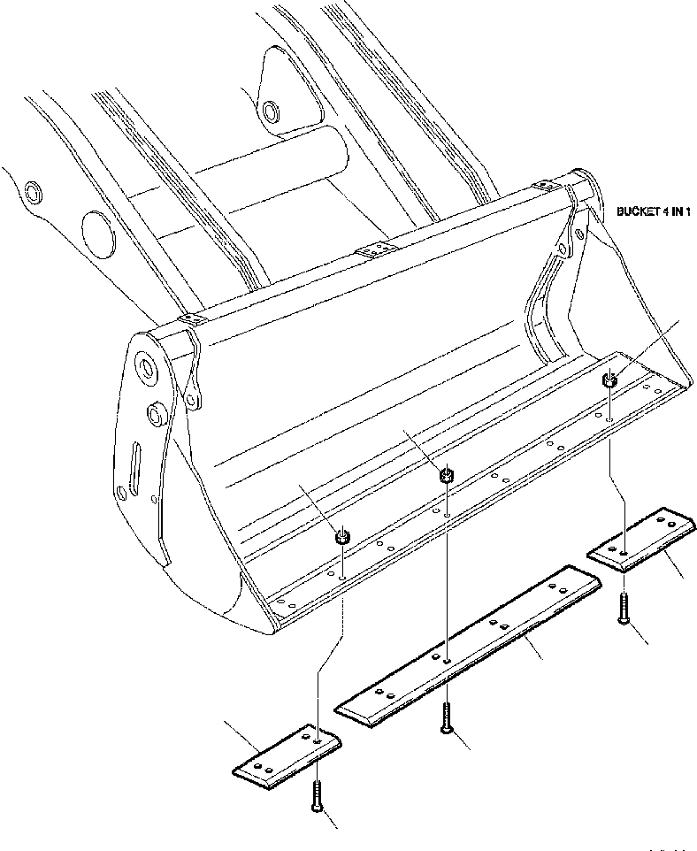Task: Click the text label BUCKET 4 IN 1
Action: point(653,212)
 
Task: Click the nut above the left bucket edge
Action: point(342,537)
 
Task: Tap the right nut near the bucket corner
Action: point(609,381)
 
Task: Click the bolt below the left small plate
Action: point(316,795)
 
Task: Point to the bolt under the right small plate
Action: point(625,609)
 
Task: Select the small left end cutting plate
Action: point(287,753)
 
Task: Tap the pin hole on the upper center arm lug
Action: point(270,112)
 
